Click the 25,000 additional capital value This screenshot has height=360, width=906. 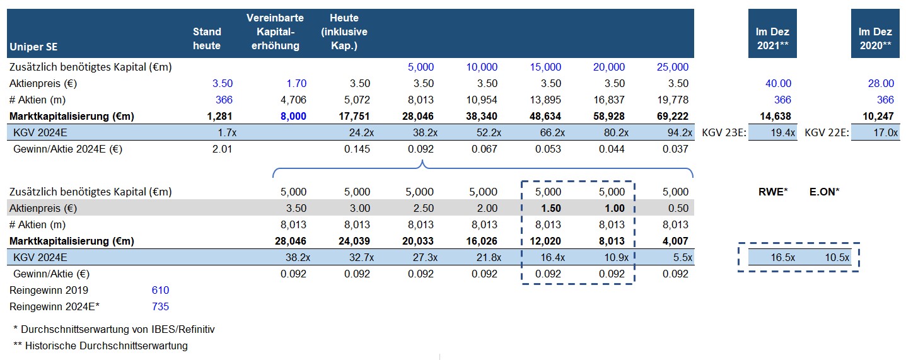pos(673,67)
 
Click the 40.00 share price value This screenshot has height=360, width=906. pos(777,83)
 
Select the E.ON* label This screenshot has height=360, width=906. pos(824,192)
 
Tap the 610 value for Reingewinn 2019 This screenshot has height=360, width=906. pos(160,290)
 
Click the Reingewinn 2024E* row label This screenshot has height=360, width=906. pos(55,306)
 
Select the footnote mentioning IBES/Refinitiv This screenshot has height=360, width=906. pos(114,329)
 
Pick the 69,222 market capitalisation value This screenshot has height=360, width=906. pos(673,116)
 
